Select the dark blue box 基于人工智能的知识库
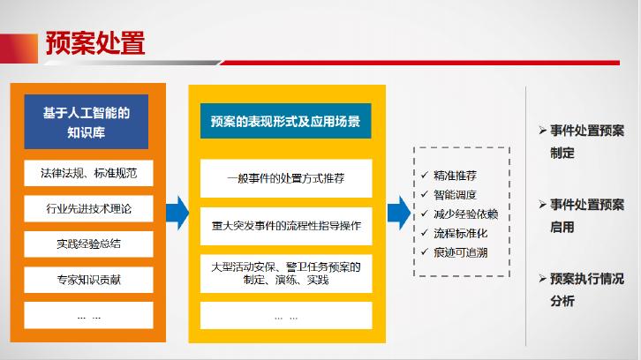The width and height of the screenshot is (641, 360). (87, 121)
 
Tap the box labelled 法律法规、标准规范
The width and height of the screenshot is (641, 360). (87, 172)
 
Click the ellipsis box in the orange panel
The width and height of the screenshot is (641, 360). (87, 314)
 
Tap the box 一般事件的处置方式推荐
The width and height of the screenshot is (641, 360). (285, 177)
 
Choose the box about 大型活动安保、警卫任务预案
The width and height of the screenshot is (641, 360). (285, 273)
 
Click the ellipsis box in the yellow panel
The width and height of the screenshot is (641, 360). (285, 315)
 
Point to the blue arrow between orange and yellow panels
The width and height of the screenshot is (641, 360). (177, 211)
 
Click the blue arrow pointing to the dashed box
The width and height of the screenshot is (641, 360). (399, 211)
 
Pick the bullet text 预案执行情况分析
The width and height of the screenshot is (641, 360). (586, 289)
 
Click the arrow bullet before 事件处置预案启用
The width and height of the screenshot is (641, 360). (543, 205)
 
